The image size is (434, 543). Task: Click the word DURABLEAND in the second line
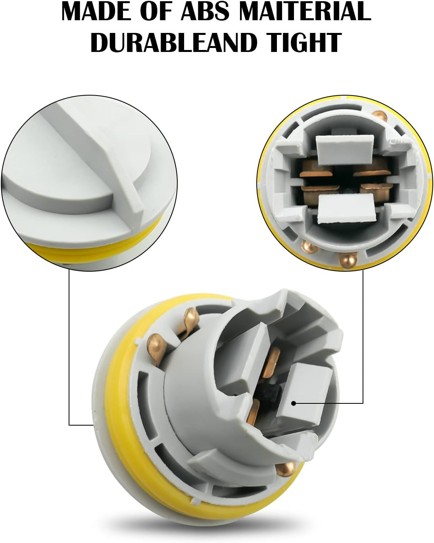[172, 42]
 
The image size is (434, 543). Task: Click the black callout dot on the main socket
[294, 403]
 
